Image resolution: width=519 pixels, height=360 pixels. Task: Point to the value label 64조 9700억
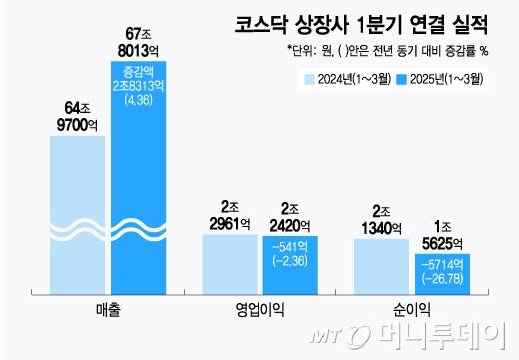pos(78,116)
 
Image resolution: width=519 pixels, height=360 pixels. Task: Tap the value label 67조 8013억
pos(139,41)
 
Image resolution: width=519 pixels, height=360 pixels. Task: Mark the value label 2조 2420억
pos(291,217)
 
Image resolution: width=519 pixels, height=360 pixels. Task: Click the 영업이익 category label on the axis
pos(259,310)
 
